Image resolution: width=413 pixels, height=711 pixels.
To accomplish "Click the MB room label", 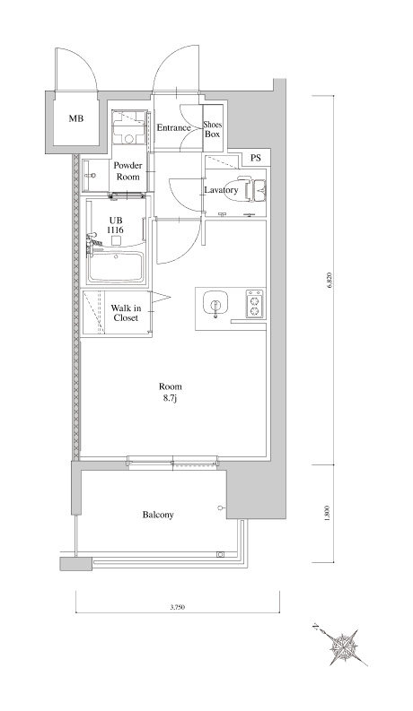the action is (x=75, y=119).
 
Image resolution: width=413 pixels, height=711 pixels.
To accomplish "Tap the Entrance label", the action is (x=173, y=128).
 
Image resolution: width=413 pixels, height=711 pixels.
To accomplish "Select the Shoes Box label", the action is (x=212, y=129).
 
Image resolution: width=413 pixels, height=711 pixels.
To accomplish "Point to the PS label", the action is (x=256, y=159).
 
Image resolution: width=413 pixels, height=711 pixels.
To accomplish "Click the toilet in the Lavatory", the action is (x=255, y=190).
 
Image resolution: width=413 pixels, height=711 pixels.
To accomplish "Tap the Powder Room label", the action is (x=127, y=171).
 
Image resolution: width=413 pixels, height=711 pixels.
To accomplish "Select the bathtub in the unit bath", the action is (x=116, y=267).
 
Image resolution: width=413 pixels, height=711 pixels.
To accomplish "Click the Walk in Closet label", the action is (x=126, y=313).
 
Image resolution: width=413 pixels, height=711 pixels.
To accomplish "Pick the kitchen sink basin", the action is (x=215, y=304).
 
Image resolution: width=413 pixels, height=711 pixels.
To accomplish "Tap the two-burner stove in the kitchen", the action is (x=254, y=304).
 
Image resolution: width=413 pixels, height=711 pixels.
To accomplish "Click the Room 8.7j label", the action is (x=171, y=392).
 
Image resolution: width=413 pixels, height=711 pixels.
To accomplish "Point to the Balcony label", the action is (x=158, y=515).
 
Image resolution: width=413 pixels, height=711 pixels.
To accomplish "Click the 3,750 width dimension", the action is (x=177, y=607).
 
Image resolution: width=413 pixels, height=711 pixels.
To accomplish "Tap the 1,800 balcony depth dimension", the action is (x=328, y=513).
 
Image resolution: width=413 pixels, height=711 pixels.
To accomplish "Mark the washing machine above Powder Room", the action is (x=130, y=127).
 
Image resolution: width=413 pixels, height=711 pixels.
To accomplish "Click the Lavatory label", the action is (x=221, y=190).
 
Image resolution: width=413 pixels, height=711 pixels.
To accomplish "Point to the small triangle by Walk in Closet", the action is (x=161, y=298).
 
